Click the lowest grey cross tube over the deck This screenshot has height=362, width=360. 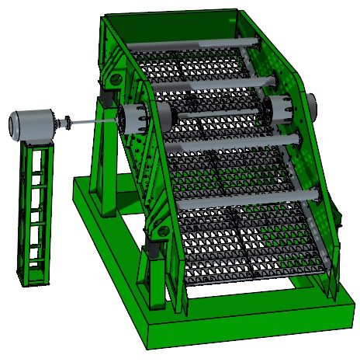[x=248, y=199]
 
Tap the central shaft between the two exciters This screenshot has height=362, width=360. [x=209, y=115]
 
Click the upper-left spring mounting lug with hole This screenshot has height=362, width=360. [x=113, y=78]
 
